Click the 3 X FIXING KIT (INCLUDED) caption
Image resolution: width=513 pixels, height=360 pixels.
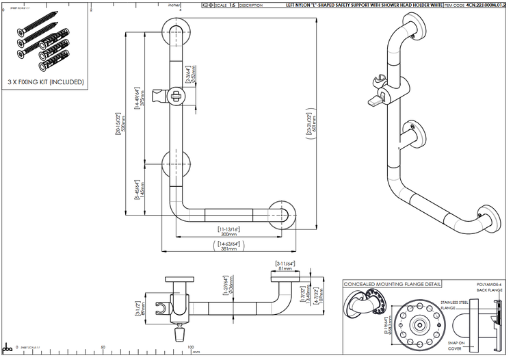coord(45,81)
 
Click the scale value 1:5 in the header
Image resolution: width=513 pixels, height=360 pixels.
coord(233,5)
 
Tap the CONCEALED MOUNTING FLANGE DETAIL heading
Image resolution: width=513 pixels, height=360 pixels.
coord(392,283)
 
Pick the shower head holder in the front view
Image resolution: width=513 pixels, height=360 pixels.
coord(168,95)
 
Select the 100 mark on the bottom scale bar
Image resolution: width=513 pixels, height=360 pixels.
coord(192,347)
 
